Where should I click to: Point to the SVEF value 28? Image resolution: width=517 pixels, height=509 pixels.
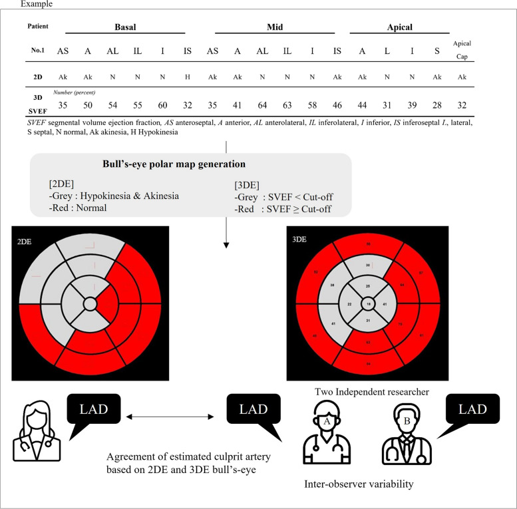[434, 104]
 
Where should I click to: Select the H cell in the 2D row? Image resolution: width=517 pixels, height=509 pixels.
[188, 77]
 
